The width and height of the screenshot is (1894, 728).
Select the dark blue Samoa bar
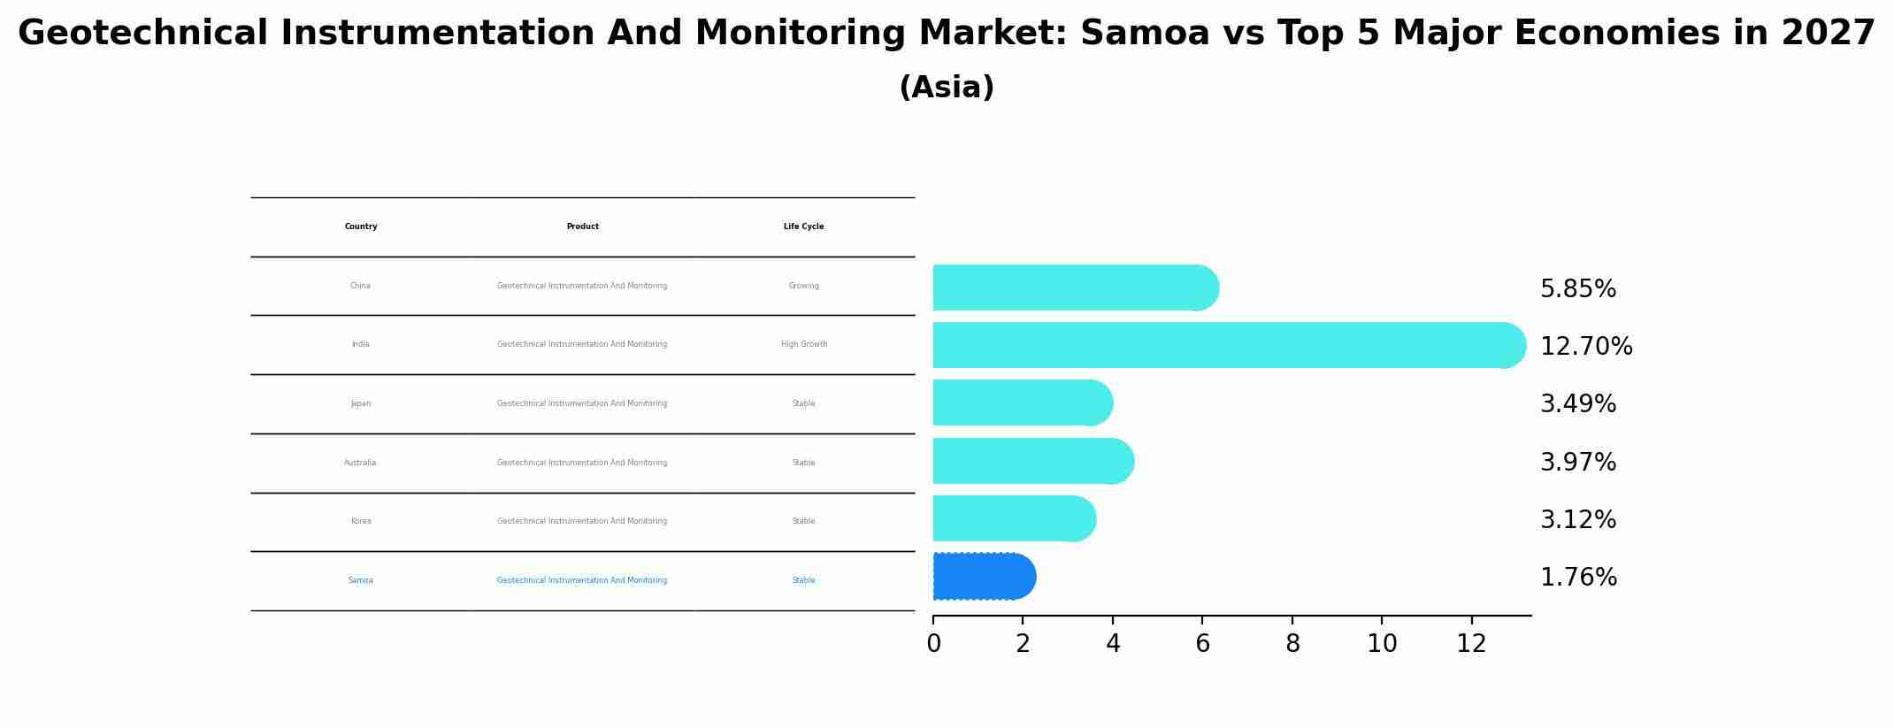pos(983,577)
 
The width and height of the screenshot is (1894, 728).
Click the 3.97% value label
pos(1577,463)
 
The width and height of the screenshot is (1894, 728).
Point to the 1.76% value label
pos(1577,578)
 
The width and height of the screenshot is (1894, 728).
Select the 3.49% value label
pos(1577,404)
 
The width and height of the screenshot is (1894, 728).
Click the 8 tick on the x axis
pos(1292,644)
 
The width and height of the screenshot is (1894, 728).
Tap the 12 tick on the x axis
pos(1471,644)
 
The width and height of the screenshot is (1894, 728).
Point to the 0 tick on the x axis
pos(933,644)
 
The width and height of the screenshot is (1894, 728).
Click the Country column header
pos(361,226)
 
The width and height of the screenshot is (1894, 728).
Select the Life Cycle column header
pos(803,226)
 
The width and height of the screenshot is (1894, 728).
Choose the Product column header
pos(582,226)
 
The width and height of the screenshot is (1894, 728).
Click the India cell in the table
pos(360,344)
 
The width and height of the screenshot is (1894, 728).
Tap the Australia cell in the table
pos(360,463)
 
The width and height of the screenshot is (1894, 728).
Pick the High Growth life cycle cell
pos(803,344)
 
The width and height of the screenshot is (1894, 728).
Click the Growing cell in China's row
pos(803,286)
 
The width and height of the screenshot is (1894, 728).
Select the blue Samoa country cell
pos(360,580)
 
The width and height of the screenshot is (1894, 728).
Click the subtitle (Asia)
pos(946,88)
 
